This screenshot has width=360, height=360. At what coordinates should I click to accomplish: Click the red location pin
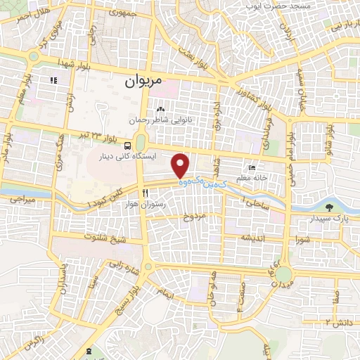click(181, 165)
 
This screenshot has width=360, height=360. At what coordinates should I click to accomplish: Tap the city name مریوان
click(143, 82)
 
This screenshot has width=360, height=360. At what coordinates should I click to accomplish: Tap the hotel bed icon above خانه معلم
click(252, 168)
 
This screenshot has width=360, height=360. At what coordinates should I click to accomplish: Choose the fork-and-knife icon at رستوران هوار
click(144, 192)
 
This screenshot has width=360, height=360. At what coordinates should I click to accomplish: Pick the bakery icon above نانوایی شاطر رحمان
click(160, 109)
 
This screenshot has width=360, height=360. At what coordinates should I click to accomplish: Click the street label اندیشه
click(255, 238)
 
